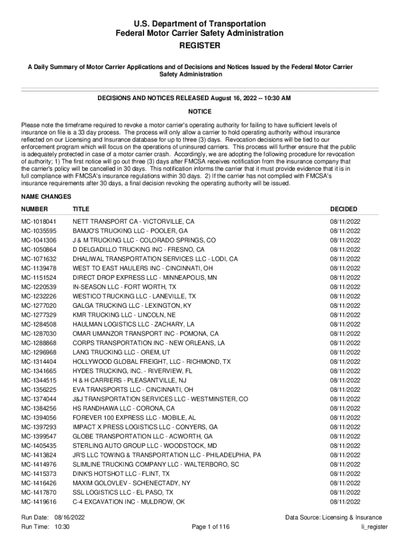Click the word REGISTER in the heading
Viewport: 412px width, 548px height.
[200, 46]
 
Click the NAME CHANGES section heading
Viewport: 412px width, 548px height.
[45, 197]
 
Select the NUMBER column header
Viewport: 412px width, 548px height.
[34, 209]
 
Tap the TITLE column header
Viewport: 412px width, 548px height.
[81, 209]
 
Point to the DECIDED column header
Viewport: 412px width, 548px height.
[344, 209]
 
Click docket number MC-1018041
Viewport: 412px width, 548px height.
[39, 221]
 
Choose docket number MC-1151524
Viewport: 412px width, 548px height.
[39, 278]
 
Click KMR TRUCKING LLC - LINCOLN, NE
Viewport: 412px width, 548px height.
[124, 315]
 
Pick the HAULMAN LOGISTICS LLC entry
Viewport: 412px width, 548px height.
[134, 324]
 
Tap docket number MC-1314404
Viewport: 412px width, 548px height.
[39, 362]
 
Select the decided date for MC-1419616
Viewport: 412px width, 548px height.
[345, 502]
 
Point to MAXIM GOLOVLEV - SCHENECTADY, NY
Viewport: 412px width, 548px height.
[132, 483]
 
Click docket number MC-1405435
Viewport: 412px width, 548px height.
[39, 446]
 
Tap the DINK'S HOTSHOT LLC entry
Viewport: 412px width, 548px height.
[121, 474]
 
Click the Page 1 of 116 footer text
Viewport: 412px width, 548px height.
[210, 527]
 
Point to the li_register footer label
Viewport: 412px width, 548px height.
[375, 527]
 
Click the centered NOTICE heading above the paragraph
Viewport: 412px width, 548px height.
[200, 111]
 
